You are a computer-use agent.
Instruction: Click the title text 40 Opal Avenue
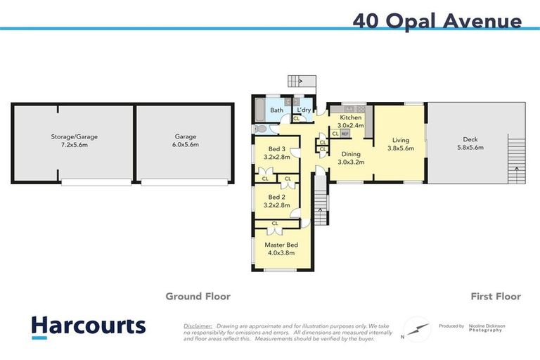[x=437, y=20]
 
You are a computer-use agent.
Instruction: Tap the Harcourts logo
[x=88, y=326]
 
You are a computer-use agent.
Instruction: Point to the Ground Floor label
[x=198, y=296]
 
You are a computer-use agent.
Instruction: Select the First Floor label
[x=496, y=296]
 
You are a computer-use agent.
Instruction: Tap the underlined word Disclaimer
[x=198, y=326]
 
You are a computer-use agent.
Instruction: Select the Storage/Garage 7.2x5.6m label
[x=72, y=140]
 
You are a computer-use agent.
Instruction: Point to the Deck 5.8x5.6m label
[x=470, y=143]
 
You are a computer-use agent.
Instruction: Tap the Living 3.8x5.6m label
[x=401, y=144]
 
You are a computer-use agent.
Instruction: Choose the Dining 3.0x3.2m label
[x=351, y=157]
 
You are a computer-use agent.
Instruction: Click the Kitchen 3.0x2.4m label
[x=351, y=121]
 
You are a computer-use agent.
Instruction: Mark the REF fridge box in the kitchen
[x=345, y=133]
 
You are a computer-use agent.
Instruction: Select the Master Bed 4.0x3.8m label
[x=279, y=248]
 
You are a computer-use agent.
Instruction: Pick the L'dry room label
[x=304, y=110]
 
